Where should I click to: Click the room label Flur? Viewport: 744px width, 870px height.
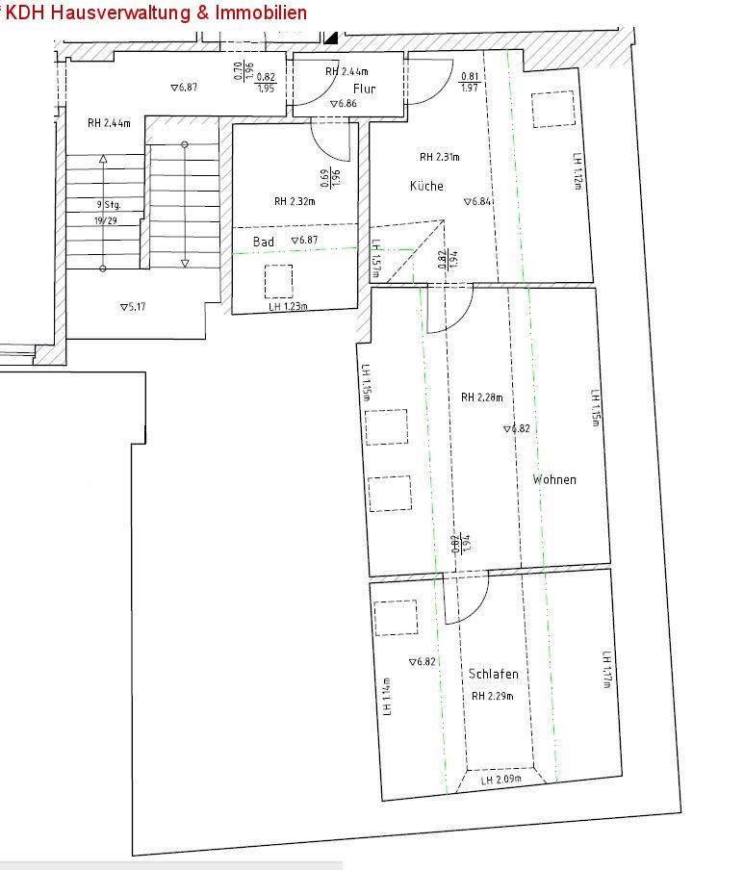(x=364, y=89)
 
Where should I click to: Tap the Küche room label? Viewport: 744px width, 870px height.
(x=426, y=186)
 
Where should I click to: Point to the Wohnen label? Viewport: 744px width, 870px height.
(x=554, y=479)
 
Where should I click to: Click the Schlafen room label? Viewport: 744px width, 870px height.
(x=495, y=675)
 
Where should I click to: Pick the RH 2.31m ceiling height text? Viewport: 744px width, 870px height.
(x=440, y=157)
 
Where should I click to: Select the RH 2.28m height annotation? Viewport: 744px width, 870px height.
(x=481, y=397)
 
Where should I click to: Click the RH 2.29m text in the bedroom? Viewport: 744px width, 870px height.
(x=493, y=697)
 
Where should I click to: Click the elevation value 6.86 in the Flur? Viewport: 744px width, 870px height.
(x=344, y=104)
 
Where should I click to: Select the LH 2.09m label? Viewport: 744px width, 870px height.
(x=501, y=780)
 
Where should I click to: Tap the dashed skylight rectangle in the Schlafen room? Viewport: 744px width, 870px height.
(x=396, y=618)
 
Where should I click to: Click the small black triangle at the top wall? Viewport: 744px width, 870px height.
(x=331, y=38)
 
